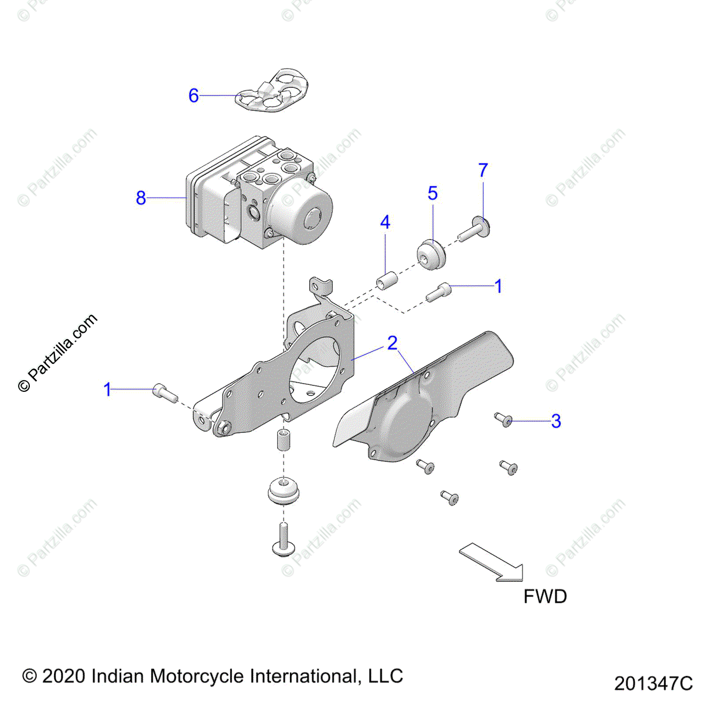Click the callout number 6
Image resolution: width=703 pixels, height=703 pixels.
193,95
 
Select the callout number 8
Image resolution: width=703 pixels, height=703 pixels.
141,198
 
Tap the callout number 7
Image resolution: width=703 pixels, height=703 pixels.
483,170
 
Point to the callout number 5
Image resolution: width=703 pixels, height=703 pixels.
432,193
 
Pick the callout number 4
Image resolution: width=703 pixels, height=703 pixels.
385,223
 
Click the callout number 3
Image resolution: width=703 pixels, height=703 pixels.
556,421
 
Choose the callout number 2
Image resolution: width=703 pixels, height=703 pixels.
392,343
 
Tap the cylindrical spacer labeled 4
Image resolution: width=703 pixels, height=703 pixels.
386,280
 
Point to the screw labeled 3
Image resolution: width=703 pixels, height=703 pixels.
503,419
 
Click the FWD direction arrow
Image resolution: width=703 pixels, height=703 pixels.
492,562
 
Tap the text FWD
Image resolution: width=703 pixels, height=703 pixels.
545,597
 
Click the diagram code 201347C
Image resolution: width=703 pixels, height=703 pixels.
653,684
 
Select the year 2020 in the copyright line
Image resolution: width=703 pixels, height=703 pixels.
64,676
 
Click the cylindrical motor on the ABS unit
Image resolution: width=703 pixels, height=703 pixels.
303,212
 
